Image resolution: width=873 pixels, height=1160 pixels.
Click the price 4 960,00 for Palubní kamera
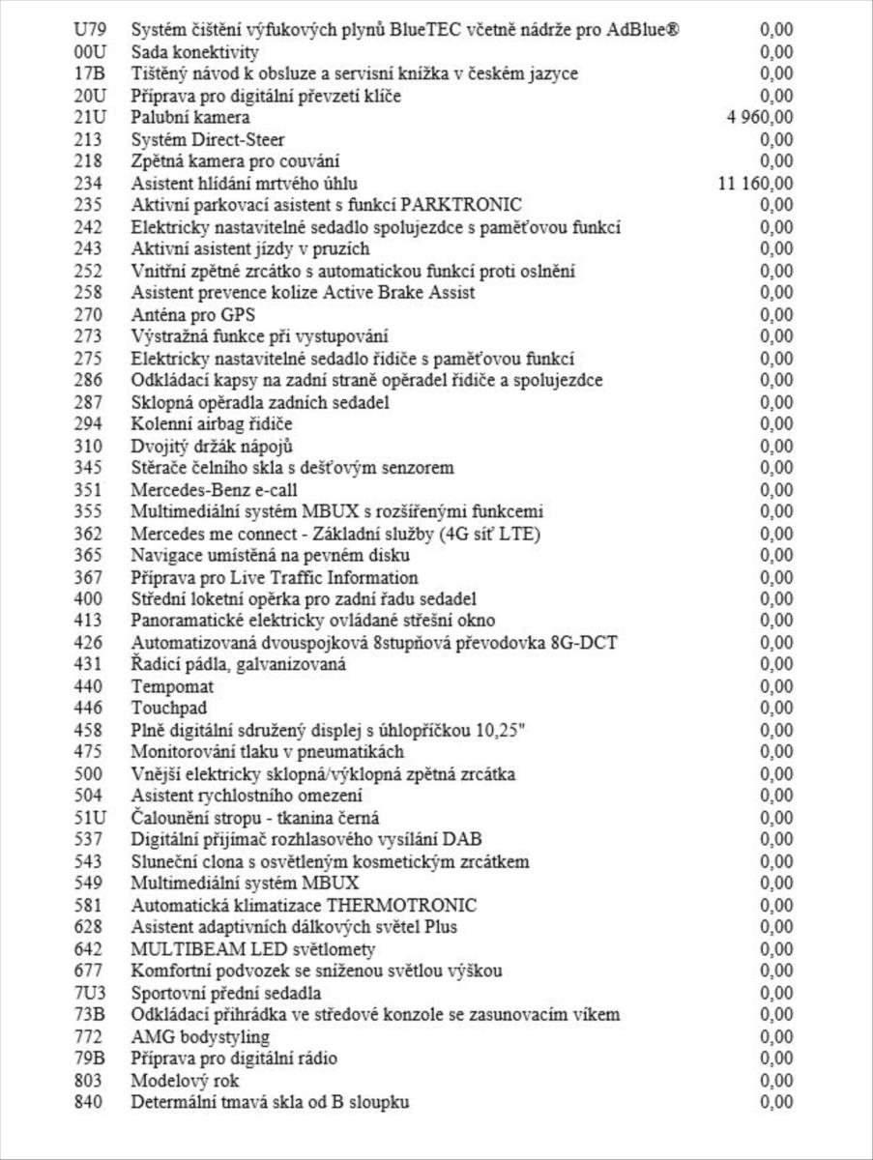[x=760, y=117]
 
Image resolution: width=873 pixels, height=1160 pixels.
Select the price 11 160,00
[x=756, y=183]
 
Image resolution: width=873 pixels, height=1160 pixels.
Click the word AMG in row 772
[x=150, y=1036]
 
